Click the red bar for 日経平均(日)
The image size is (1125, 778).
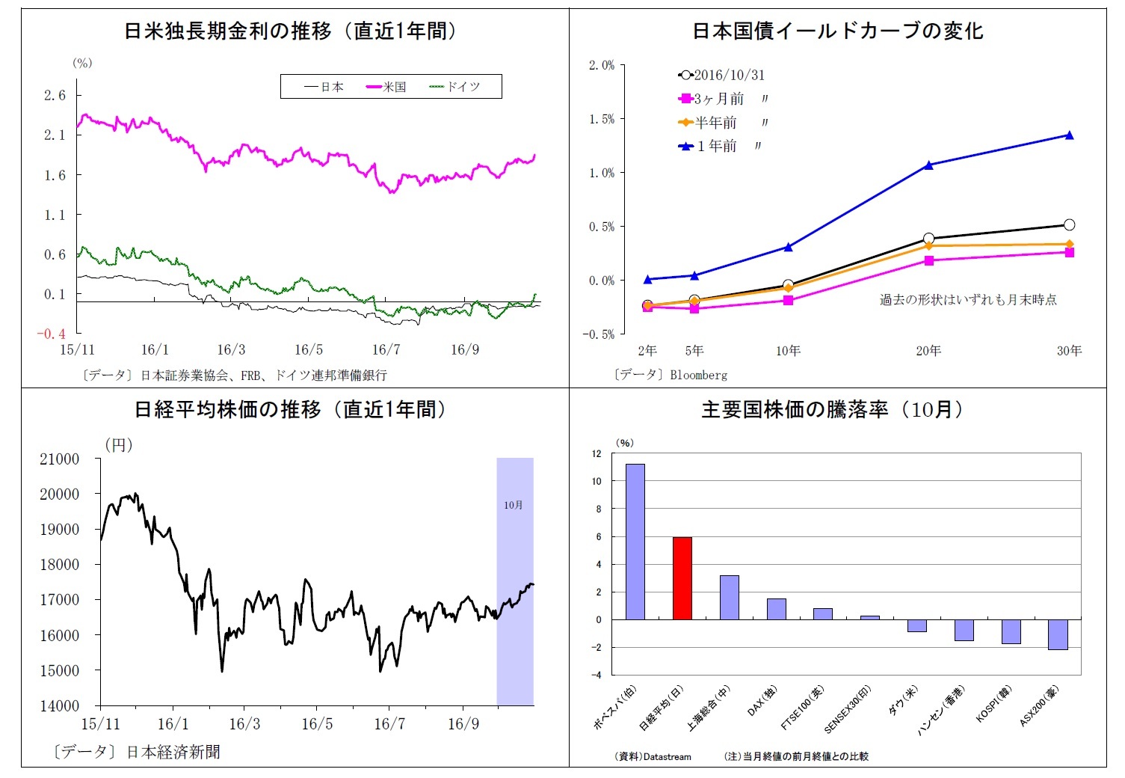click(682, 578)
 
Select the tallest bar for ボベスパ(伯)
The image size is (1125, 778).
click(635, 542)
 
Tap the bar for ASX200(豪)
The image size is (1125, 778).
click(1058, 634)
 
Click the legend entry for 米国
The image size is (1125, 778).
click(386, 87)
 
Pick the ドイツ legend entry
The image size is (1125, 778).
click(455, 87)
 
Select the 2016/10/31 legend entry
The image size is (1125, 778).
click(721, 75)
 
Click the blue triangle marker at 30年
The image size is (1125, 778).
click(1069, 135)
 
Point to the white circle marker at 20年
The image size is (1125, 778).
click(928, 239)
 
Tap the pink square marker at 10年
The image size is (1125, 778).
click(788, 301)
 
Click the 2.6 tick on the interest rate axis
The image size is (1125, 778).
click(55, 95)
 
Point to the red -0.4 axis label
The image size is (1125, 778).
click(52, 334)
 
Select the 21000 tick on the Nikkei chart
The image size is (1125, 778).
click(59, 459)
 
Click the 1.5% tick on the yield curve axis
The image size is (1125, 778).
click(602, 119)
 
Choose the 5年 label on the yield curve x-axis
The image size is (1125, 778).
click(694, 350)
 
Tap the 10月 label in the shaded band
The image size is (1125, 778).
click(514, 505)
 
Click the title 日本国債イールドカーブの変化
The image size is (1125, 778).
click(837, 31)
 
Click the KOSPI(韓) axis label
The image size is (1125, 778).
click(993, 705)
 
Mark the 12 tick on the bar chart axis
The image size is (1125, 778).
click(596, 453)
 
